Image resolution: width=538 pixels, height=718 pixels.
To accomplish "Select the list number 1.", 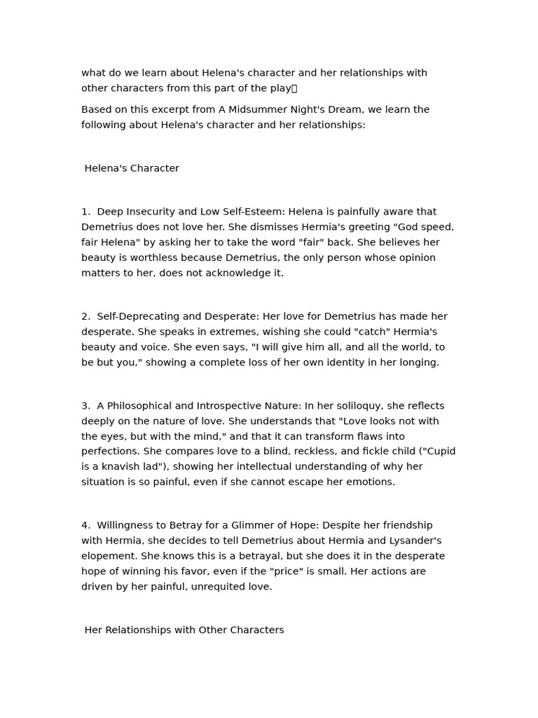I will tap(85, 212).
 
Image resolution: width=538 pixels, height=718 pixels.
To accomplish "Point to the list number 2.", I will tap(85, 316).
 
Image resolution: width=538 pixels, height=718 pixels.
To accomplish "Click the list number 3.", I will tap(85, 406).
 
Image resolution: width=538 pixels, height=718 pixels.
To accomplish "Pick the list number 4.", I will tap(85, 525).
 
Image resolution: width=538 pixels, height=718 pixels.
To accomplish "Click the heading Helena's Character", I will tap(132, 168).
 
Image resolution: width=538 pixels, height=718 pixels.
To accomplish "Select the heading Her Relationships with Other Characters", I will tap(184, 630).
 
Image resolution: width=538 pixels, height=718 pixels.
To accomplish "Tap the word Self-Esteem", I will tap(254, 212).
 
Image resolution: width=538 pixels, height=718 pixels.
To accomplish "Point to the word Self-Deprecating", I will tap(137, 316).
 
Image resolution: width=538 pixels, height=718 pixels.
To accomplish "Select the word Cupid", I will tap(439, 452).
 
